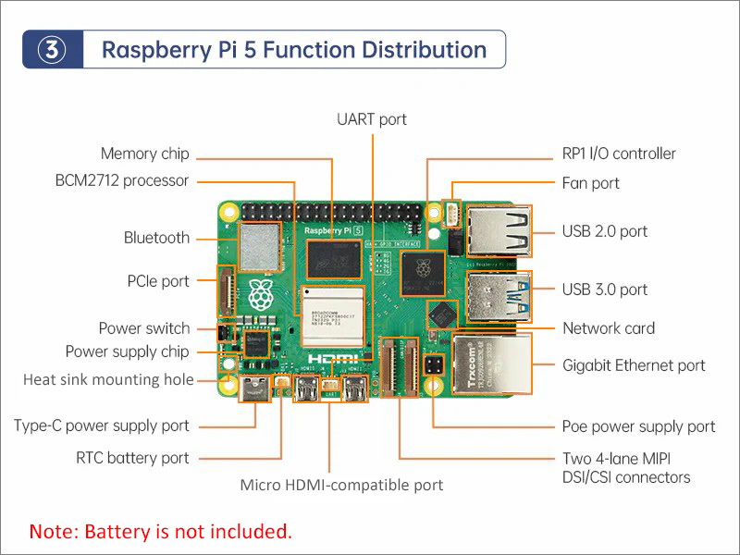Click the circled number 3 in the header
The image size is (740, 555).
click(54, 50)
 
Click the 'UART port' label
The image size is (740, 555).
click(372, 119)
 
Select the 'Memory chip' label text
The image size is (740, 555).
click(144, 154)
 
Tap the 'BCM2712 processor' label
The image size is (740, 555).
click(121, 180)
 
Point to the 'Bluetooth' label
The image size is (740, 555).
click(156, 238)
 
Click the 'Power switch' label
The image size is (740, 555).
click(144, 328)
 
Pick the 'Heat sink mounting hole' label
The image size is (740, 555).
click(108, 379)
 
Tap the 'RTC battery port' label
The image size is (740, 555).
click(132, 458)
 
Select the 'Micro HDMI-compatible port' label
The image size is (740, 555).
click(341, 485)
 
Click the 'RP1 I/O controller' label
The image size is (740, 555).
click(619, 154)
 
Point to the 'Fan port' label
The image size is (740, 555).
click(590, 183)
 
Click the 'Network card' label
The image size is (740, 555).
click(608, 328)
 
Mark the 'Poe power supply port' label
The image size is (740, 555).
click(638, 426)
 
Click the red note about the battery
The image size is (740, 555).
click(161, 532)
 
